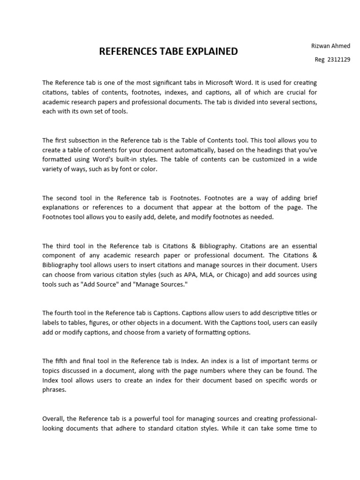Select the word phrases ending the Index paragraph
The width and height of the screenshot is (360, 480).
click(53, 390)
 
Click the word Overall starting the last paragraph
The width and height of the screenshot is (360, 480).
click(54, 419)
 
